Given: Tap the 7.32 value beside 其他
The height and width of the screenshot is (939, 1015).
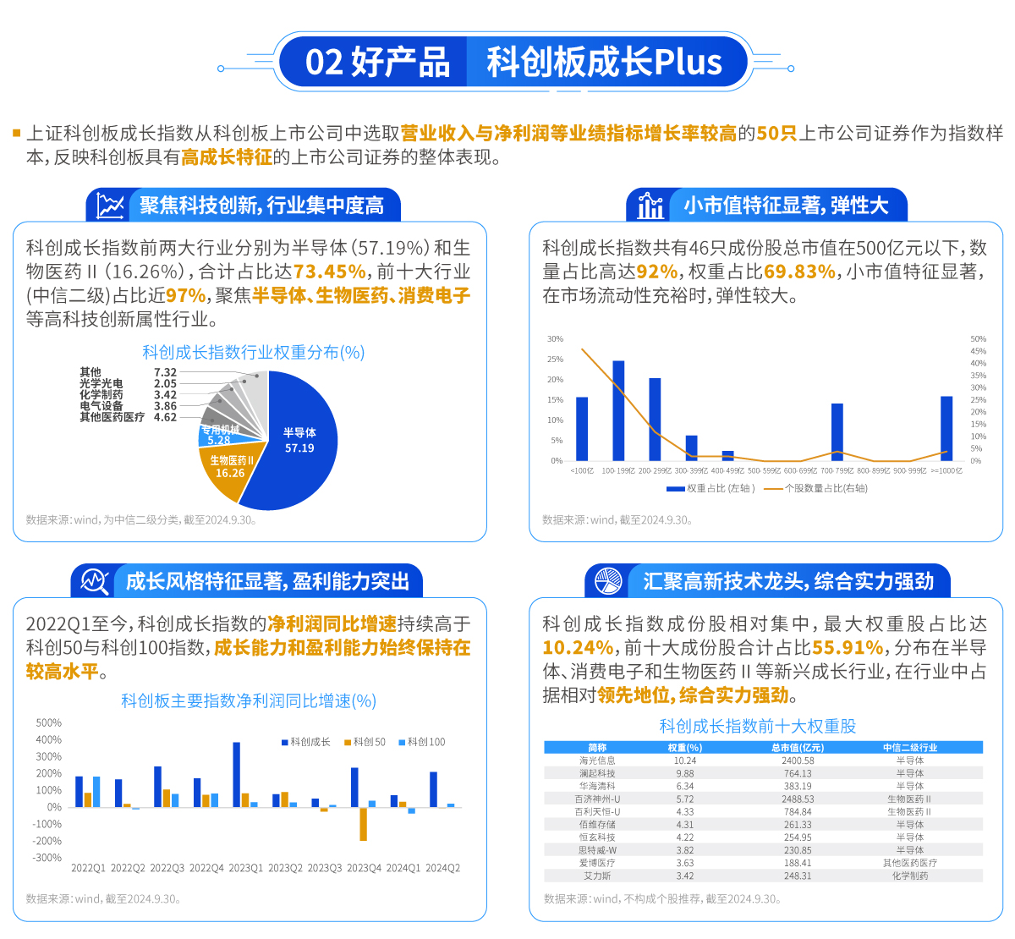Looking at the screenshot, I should (165, 372).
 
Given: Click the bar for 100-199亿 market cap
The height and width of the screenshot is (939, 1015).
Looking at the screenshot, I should (618, 410).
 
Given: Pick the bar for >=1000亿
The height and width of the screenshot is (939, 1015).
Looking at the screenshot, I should (946, 428).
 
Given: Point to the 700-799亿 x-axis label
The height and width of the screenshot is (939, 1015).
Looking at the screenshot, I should (837, 470).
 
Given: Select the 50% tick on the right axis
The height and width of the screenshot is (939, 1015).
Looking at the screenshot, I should (978, 339).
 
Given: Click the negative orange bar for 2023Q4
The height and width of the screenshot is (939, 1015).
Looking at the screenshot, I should (364, 824).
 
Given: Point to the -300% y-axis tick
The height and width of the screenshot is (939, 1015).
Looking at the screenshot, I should (48, 858).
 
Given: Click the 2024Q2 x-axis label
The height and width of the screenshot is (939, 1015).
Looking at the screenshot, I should (442, 868).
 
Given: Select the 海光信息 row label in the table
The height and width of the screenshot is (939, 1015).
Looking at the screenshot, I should (597, 761).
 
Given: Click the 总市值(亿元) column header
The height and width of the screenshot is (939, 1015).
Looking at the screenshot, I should (797, 748).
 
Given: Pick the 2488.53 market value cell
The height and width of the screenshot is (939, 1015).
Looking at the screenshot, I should (798, 799).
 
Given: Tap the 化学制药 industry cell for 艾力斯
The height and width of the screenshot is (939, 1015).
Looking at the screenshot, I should (909, 876).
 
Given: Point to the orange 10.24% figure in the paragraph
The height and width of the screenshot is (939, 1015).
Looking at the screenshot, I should (578, 647).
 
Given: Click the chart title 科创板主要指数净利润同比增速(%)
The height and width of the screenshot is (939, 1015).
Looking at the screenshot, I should (249, 700).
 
